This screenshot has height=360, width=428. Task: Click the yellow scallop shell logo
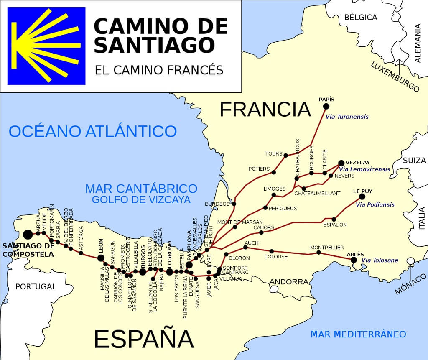(x=46, y=46)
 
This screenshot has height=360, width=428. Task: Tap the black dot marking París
(x=326, y=106)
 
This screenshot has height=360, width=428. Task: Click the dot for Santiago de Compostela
(x=28, y=235)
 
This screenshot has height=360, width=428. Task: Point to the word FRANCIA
(x=265, y=110)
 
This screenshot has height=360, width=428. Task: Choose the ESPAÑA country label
(x=144, y=339)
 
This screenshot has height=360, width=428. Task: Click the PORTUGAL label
(x=36, y=286)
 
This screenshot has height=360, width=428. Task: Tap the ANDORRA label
(x=288, y=282)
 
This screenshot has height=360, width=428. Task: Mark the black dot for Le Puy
(x=362, y=197)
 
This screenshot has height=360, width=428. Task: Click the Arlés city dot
(x=354, y=260)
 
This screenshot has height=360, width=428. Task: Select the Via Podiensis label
(x=375, y=205)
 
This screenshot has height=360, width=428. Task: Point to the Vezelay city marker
(x=341, y=163)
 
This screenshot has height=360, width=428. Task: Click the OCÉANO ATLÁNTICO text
(x=93, y=131)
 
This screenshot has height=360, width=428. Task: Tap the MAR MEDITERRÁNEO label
(x=358, y=334)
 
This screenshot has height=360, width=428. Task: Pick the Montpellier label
(x=327, y=248)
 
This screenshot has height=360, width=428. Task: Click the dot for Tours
(x=285, y=156)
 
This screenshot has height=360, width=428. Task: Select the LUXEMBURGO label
(x=395, y=77)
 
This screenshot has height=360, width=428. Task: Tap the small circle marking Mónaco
(x=411, y=261)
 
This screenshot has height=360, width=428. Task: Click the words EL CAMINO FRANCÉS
(x=159, y=70)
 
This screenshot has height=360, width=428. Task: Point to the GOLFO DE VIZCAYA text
(x=141, y=199)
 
